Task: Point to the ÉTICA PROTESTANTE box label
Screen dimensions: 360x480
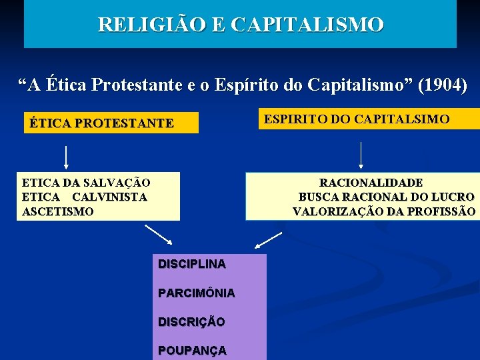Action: click(101, 123)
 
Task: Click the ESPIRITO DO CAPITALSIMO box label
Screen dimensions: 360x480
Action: click(357, 119)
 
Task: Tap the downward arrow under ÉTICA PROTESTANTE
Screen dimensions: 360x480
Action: click(66, 157)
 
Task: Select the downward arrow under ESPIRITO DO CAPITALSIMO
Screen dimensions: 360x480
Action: click(361, 155)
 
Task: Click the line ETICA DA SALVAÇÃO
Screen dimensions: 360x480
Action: click(86, 183)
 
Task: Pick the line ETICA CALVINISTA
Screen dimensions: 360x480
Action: click(85, 197)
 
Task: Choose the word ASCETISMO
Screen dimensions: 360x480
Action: click(58, 212)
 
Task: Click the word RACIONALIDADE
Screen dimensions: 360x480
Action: click(371, 183)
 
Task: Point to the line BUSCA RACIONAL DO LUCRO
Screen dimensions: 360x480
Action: click(386, 197)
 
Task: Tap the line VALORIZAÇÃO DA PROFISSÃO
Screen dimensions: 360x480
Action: click(384, 212)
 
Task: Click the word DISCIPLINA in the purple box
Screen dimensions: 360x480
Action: click(192, 264)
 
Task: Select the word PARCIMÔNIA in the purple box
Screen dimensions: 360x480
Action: click(196, 293)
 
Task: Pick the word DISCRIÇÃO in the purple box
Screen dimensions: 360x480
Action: click(191, 321)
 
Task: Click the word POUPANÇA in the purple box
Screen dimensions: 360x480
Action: click(192, 350)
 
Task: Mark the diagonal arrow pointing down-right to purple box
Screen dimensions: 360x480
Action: click(159, 236)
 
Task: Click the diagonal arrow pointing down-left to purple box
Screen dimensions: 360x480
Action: click(269, 240)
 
